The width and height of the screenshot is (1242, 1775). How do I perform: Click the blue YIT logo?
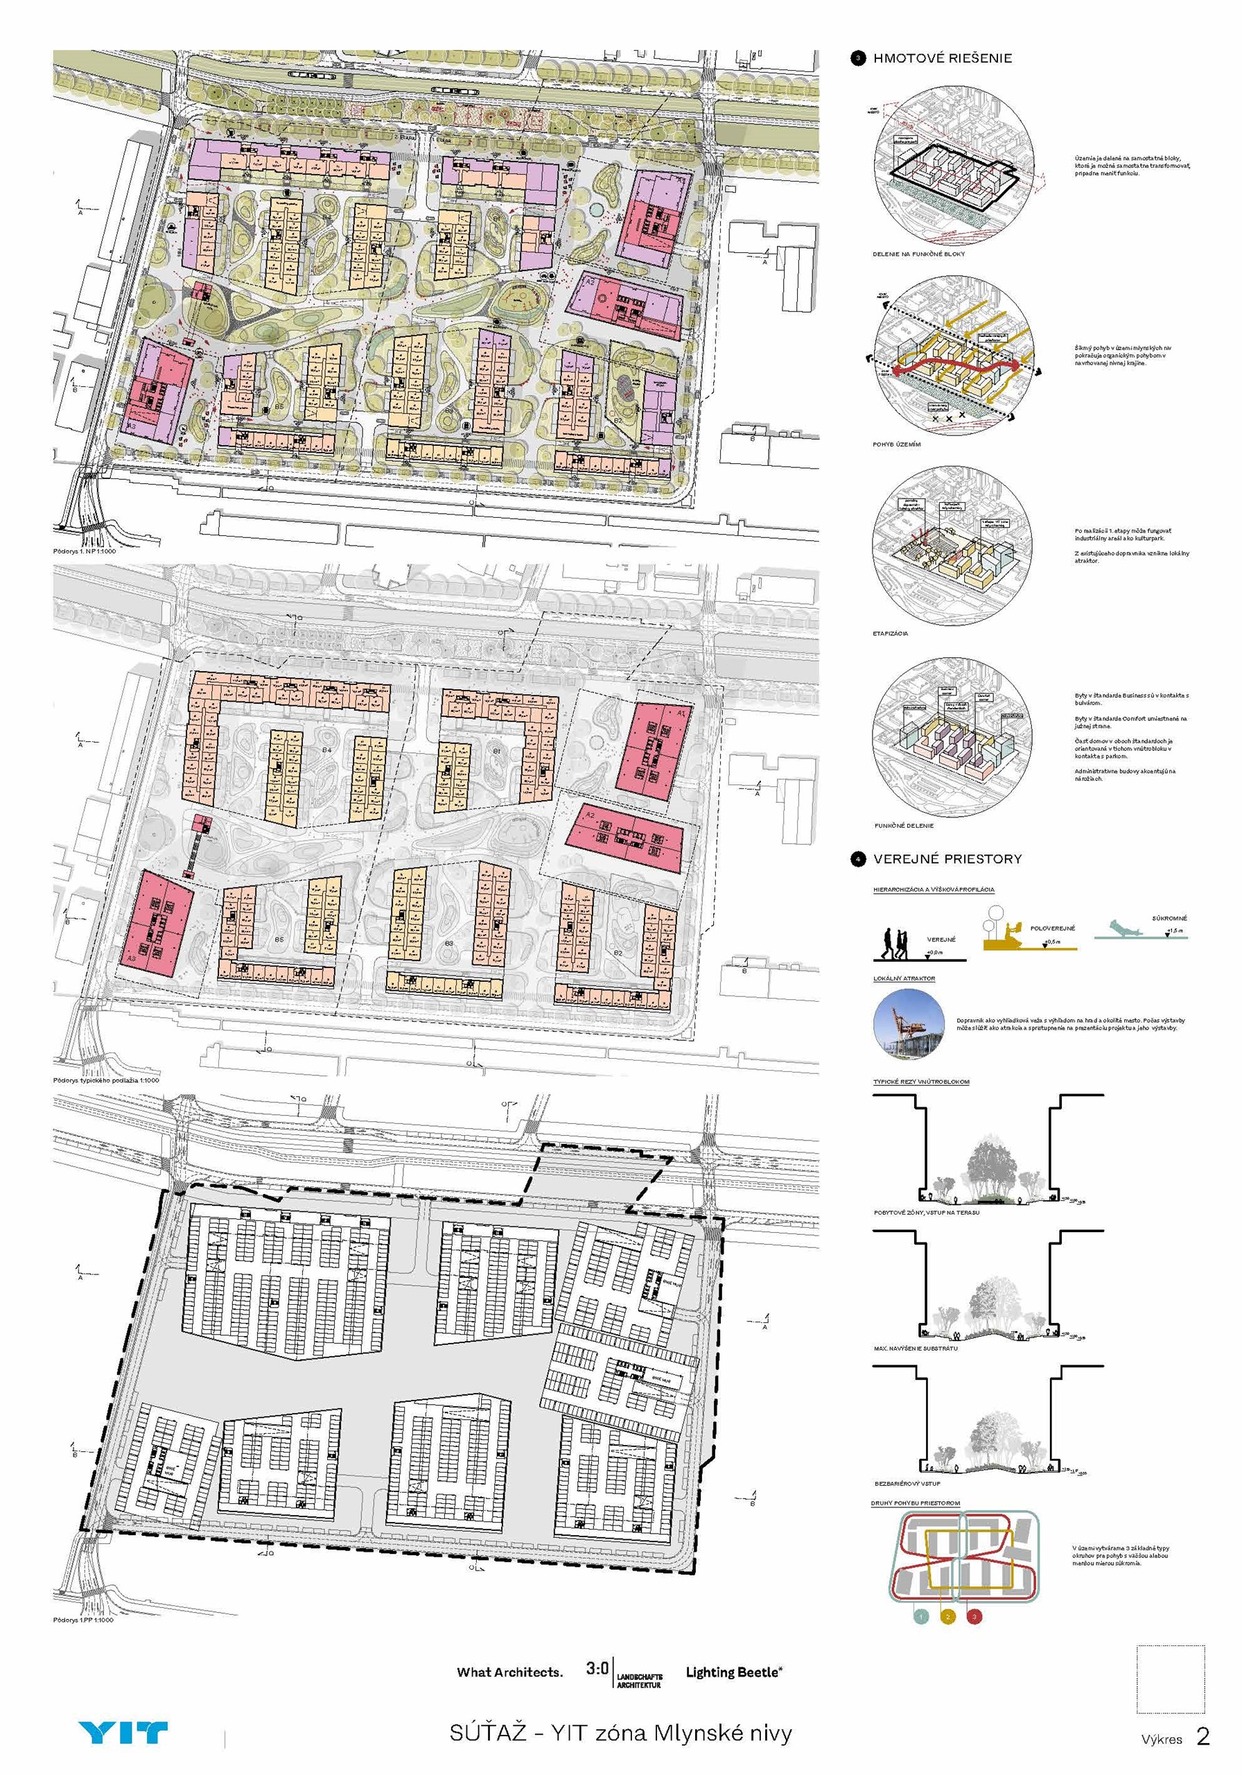(x=123, y=1733)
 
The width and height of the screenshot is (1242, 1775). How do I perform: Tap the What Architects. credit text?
(x=509, y=1672)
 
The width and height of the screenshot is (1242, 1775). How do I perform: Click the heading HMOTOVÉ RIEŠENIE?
(x=942, y=58)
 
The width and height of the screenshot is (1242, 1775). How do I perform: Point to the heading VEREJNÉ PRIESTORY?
(x=947, y=859)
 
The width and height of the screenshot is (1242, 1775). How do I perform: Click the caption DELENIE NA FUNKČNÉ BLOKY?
(x=918, y=254)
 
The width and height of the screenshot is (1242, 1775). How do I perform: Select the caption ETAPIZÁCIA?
(x=891, y=634)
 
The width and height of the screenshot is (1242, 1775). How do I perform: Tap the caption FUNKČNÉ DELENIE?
(x=904, y=826)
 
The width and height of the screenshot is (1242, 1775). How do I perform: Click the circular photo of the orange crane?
(x=909, y=1023)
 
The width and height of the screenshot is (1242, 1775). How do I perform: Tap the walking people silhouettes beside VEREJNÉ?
(x=898, y=941)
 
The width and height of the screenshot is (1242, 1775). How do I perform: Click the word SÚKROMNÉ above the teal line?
(x=1169, y=919)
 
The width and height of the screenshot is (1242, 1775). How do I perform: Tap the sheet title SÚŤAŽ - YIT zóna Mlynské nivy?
(x=620, y=1734)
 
